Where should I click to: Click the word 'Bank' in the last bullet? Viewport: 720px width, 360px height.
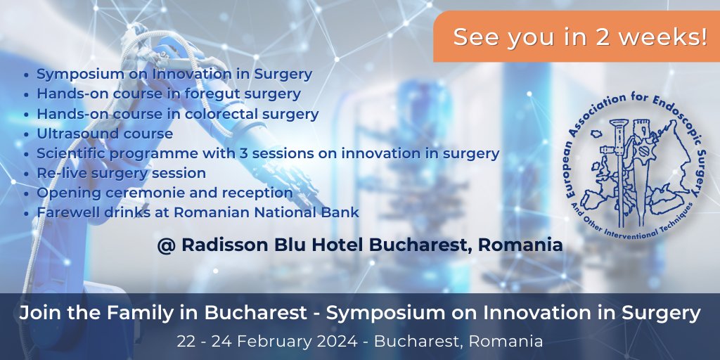(342, 212)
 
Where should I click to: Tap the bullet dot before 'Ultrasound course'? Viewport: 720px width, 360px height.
(27, 134)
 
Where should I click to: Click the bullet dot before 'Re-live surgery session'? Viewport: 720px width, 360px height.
(27, 173)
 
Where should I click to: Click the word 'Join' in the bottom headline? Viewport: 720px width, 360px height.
(38, 314)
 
